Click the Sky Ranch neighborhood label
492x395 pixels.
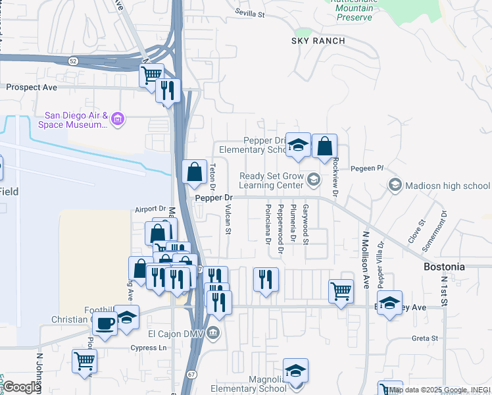point(318,41)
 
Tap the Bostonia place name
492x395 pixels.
point(444,267)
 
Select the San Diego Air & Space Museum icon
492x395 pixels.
point(118,119)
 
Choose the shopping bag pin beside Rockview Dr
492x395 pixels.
point(324,147)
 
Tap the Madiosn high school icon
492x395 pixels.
point(395,185)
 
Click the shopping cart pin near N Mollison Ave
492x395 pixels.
point(341,290)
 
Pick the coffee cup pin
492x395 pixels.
point(105,324)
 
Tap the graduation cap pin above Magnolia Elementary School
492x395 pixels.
point(296,371)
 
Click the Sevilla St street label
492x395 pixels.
point(249,13)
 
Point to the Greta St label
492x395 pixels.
point(424,338)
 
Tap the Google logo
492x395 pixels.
point(22,388)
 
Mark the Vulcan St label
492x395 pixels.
point(228,219)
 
